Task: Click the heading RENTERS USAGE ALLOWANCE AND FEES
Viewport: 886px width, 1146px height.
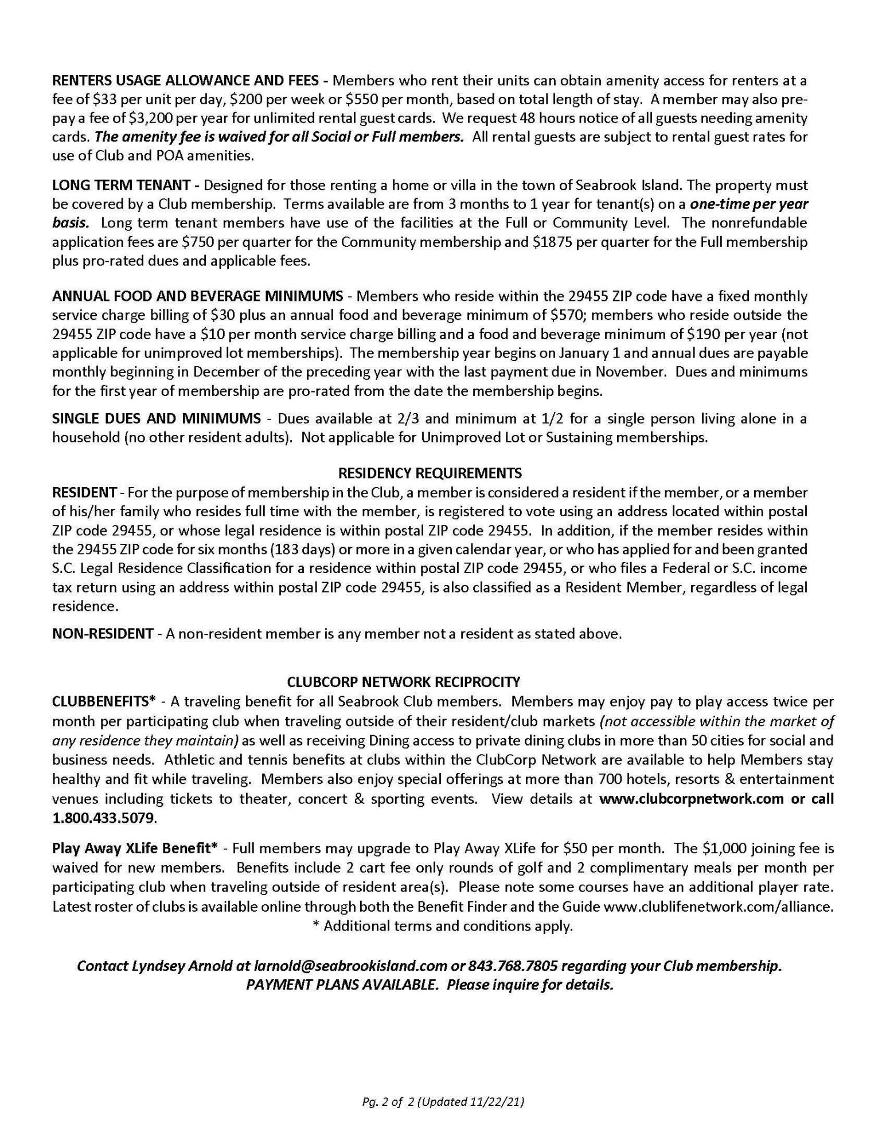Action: pos(189,80)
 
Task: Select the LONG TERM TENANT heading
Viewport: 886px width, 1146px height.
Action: pos(121,186)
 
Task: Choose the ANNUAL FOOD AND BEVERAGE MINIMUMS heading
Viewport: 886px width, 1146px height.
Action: pos(197,296)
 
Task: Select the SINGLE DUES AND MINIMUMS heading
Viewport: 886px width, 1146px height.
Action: pos(156,419)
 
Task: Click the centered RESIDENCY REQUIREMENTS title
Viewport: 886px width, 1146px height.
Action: pos(430,473)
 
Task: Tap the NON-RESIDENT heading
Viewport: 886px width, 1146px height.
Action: pos(102,634)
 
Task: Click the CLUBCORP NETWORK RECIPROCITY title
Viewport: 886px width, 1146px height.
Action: pos(403,682)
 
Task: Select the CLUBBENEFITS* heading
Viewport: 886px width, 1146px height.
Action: pos(104,702)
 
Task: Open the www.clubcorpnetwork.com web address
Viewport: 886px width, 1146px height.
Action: pos(691,799)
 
